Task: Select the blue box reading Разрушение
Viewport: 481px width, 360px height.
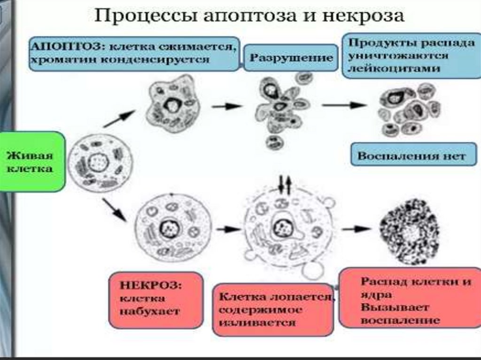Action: point(291,58)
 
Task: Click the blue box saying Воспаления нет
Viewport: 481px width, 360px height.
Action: point(413,155)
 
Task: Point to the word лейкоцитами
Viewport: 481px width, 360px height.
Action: point(395,69)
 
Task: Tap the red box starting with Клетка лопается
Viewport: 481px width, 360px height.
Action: point(273,309)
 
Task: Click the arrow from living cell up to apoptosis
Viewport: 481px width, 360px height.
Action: point(119,119)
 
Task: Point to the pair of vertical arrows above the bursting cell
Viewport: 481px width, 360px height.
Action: point(285,184)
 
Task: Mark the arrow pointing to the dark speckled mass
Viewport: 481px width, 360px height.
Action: point(356,229)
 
